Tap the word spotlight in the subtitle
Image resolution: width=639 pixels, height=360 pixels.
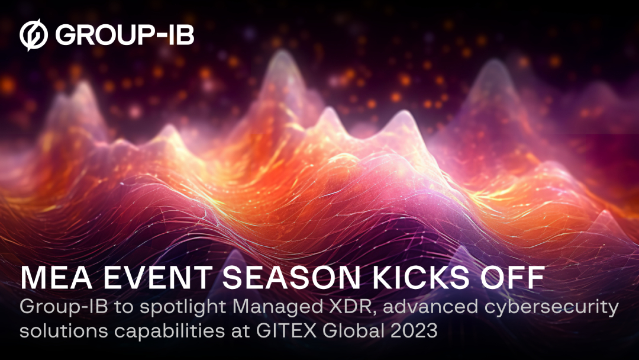coord(154,309)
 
